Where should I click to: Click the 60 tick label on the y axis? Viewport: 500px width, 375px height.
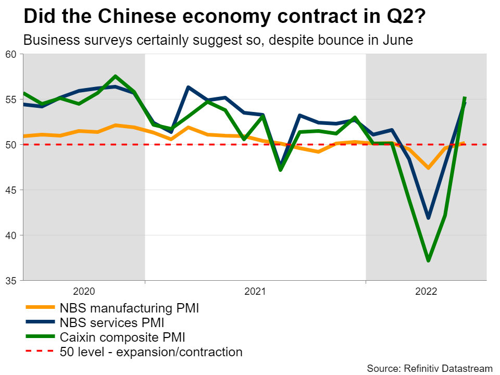tap(11, 54)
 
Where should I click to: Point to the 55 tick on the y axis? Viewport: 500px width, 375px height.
tap(11, 99)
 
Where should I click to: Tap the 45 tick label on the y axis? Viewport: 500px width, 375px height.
tap(11, 190)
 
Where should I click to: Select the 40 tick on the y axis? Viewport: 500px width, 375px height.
tap(11, 235)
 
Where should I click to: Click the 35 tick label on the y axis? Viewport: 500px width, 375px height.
tap(11, 281)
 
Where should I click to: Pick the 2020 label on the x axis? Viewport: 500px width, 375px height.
tap(84, 291)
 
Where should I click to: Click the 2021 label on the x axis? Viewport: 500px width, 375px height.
tap(255, 291)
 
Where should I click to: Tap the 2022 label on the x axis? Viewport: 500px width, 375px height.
tap(426, 291)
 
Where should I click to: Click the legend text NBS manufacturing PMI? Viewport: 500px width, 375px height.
tap(130, 308)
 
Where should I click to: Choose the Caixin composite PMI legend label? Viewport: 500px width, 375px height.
tap(122, 337)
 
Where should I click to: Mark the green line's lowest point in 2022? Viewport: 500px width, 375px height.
tap(428, 260)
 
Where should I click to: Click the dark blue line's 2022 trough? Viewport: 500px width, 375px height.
tap(428, 218)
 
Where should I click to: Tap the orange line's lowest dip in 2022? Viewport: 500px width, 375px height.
tap(428, 168)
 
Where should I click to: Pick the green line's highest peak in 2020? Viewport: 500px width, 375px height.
tap(116, 76)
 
